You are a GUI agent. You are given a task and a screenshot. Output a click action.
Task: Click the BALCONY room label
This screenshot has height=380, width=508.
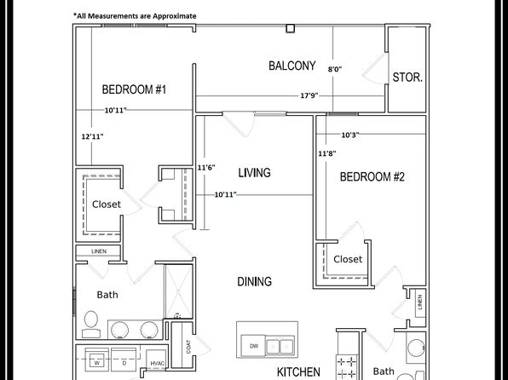pyautogui.click(x=292, y=66)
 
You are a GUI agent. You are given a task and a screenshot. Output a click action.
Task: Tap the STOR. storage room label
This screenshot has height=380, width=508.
pyautogui.click(x=407, y=77)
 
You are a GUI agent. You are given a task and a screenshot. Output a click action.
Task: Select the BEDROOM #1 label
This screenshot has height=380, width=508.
pyautogui.click(x=134, y=89)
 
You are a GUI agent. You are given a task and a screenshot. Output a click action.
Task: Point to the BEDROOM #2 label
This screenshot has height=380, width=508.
pyautogui.click(x=372, y=177)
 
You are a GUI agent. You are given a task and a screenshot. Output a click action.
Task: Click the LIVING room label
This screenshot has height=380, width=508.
pyautogui.click(x=254, y=173)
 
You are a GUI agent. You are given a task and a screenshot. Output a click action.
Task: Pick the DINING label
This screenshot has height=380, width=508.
pyautogui.click(x=254, y=281)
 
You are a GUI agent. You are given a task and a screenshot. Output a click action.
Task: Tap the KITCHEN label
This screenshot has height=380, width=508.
pyautogui.click(x=298, y=371)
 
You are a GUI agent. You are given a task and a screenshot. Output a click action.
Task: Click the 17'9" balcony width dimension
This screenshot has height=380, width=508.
pyautogui.click(x=309, y=95)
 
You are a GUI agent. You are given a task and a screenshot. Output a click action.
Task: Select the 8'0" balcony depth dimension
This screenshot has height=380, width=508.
pyautogui.click(x=335, y=69)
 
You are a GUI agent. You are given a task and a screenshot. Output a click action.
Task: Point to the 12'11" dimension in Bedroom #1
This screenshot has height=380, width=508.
pyautogui.click(x=92, y=136)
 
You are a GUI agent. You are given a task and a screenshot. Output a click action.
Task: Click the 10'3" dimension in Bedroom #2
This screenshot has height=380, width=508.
pyautogui.click(x=350, y=135)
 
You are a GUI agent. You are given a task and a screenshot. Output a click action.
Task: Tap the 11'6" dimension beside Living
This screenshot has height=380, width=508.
pyautogui.click(x=206, y=168)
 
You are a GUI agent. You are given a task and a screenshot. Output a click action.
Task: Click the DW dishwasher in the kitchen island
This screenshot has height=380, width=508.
pyautogui.click(x=254, y=346)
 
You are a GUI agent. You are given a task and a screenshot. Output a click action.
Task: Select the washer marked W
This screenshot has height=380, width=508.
pyautogui.click(x=97, y=360)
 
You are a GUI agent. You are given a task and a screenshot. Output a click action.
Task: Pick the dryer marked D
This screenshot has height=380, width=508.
pyautogui.click(x=124, y=360)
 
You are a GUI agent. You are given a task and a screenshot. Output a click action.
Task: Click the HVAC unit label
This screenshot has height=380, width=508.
pyautogui.click(x=158, y=364)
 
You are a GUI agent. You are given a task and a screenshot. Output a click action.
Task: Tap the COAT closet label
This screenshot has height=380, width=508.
pyautogui.click(x=188, y=347)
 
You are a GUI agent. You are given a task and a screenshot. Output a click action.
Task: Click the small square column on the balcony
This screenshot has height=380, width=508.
pyautogui.click(x=291, y=28)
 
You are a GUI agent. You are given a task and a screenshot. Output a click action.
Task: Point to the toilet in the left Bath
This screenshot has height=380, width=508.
pyautogui.click(x=91, y=325)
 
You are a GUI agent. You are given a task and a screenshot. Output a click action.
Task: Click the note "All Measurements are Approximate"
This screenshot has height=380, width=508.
pyautogui.click(x=135, y=16)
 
